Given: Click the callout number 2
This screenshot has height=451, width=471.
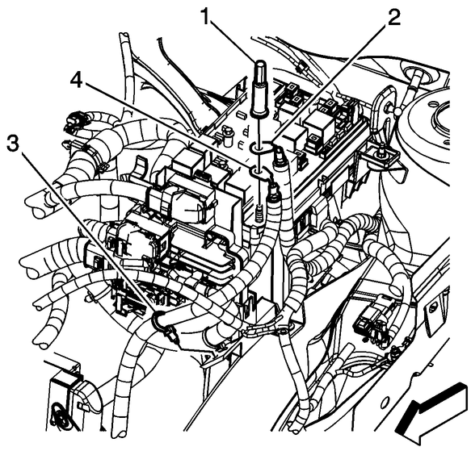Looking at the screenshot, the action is pyautogui.click(x=393, y=17).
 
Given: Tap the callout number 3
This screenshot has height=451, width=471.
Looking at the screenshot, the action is pyautogui.click(x=13, y=144).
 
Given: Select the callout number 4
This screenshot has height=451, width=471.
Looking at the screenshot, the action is pyautogui.click(x=78, y=80).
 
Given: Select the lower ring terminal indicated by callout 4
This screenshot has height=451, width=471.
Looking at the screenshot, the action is pyautogui.click(x=258, y=172).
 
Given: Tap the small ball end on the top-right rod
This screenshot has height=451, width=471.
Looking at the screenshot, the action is pyautogui.click(x=398, y=112).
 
